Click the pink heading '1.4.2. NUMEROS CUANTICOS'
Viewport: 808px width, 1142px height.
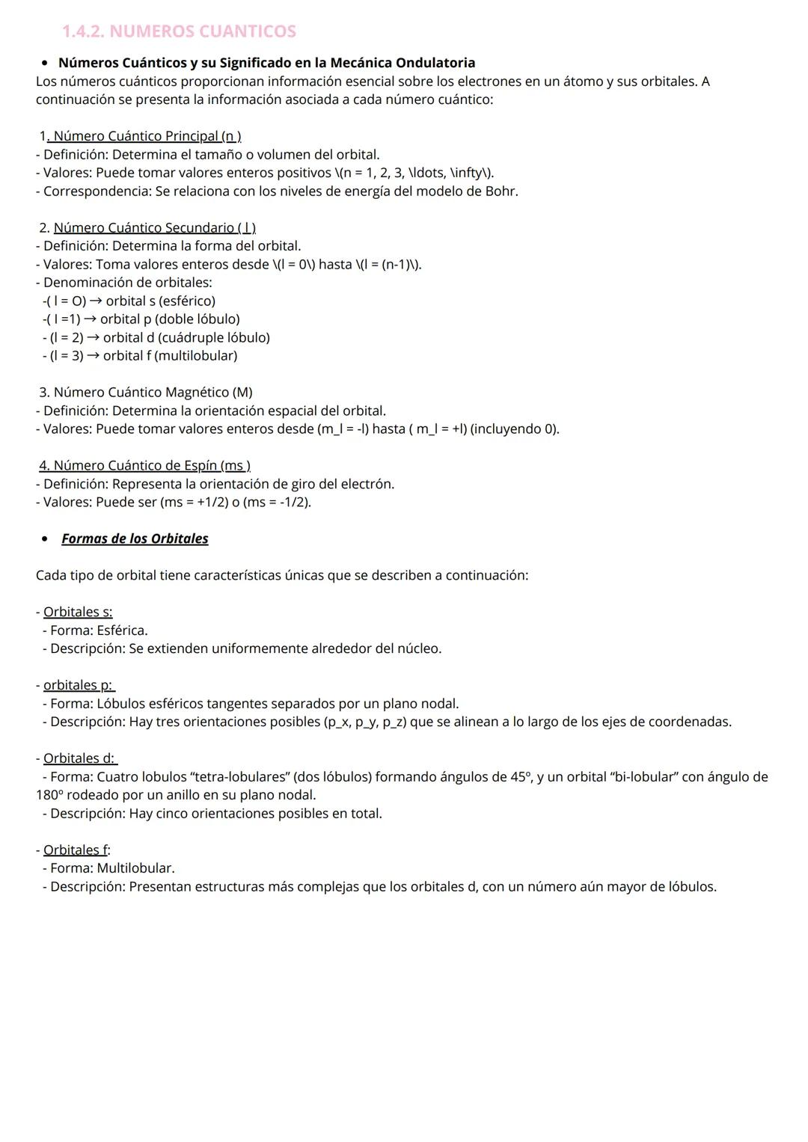pos(179,31)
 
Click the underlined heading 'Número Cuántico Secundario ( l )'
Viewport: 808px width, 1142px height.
pos(154,227)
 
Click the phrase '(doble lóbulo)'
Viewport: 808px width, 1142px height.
pos(197,319)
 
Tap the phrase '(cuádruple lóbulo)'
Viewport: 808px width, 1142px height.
pos(214,337)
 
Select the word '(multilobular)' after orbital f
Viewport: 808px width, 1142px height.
pos(195,356)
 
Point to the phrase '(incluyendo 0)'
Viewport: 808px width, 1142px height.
pos(514,429)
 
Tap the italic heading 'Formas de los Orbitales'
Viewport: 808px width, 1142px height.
pos(135,538)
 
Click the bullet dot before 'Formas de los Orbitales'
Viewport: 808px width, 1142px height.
pos(46,538)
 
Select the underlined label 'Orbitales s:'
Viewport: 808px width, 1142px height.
pos(78,612)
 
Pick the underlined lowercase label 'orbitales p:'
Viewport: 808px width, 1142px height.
pos(79,685)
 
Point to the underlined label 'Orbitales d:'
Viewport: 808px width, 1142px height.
pos(79,758)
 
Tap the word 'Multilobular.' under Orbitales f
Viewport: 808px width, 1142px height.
pos(135,868)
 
